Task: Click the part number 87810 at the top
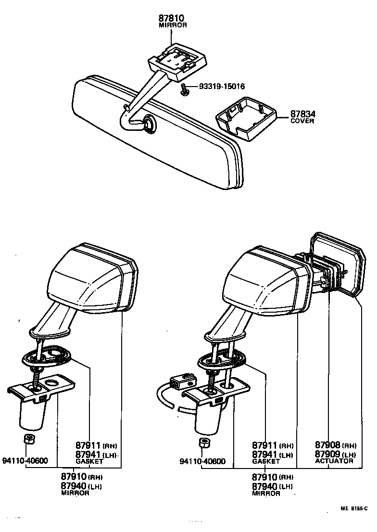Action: [172, 18]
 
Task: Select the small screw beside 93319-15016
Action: [184, 89]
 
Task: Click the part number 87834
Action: [302, 114]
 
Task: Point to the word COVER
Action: [302, 121]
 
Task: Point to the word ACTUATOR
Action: [334, 461]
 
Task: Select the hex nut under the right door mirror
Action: [204, 442]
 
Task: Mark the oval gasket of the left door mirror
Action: [48, 356]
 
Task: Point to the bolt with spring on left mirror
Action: [36, 373]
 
